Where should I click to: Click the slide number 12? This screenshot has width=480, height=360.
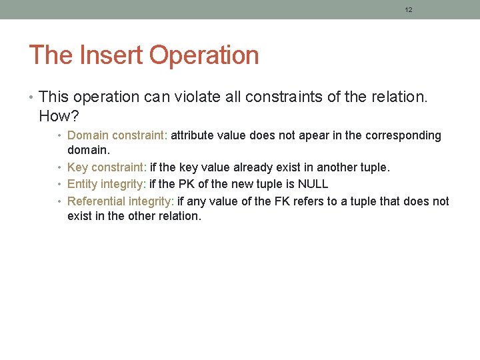pyautogui.click(x=409, y=10)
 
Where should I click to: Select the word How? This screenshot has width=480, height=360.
pyautogui.click(x=59, y=116)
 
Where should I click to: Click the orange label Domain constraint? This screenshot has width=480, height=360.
pyautogui.click(x=118, y=135)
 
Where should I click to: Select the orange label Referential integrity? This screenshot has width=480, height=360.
pyautogui.click(x=121, y=201)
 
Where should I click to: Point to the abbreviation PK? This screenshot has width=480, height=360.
pyautogui.click(x=187, y=184)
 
